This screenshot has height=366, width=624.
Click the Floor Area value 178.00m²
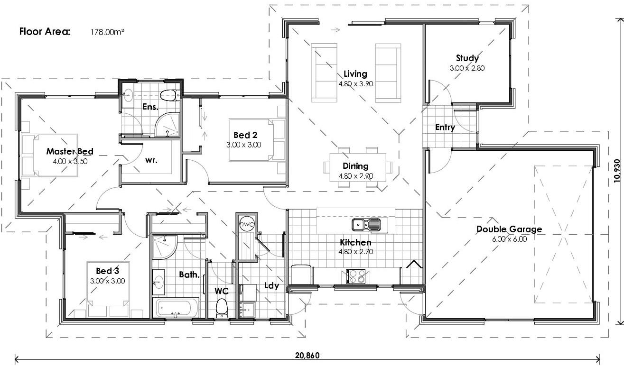pos(107,32)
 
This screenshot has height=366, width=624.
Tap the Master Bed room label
pos(70,152)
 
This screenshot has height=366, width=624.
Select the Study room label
pos(467,58)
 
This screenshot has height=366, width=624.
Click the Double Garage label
pos(509,229)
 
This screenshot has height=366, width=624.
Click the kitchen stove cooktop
pos(355,276)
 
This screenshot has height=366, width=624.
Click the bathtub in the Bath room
pos(177,308)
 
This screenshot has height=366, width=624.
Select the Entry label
pos(445,127)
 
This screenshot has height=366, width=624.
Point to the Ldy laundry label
pos(271,286)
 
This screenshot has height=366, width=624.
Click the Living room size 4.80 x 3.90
pos(355,83)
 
